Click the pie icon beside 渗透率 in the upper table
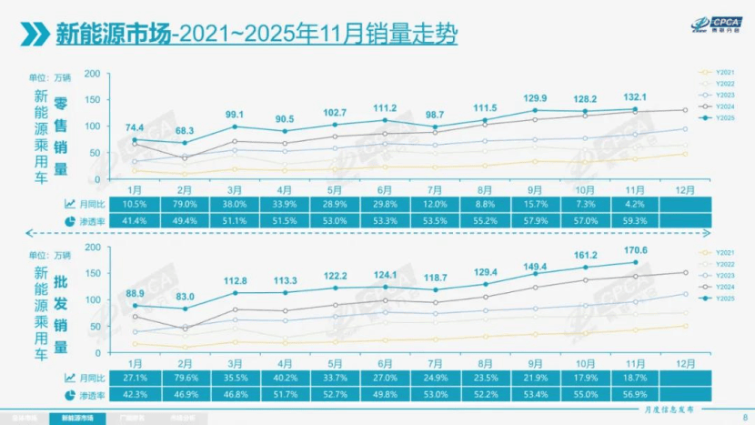(70, 220)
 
